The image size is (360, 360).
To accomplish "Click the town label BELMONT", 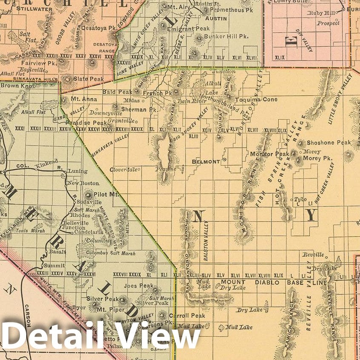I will [206, 162].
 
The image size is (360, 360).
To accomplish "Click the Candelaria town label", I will [88, 233].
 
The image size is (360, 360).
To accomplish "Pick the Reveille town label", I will [313, 255].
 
